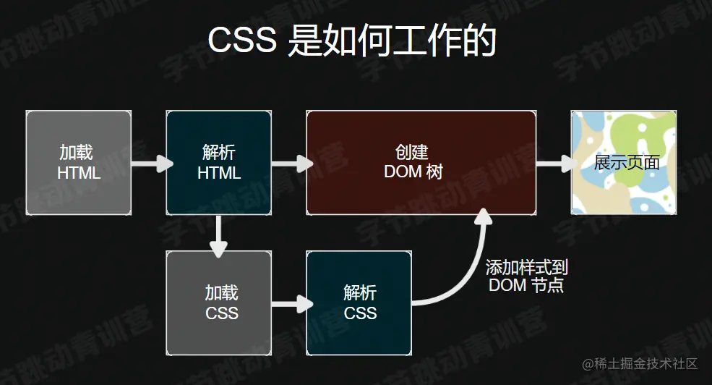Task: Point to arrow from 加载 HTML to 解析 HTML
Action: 150,164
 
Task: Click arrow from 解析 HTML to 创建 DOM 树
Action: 290,164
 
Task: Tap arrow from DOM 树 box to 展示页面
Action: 554,164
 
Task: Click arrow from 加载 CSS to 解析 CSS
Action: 290,303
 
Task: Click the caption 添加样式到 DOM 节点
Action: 526,276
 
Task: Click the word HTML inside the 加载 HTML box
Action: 79,174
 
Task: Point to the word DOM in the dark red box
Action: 402,172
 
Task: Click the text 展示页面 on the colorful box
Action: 626,162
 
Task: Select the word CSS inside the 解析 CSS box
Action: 360,313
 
